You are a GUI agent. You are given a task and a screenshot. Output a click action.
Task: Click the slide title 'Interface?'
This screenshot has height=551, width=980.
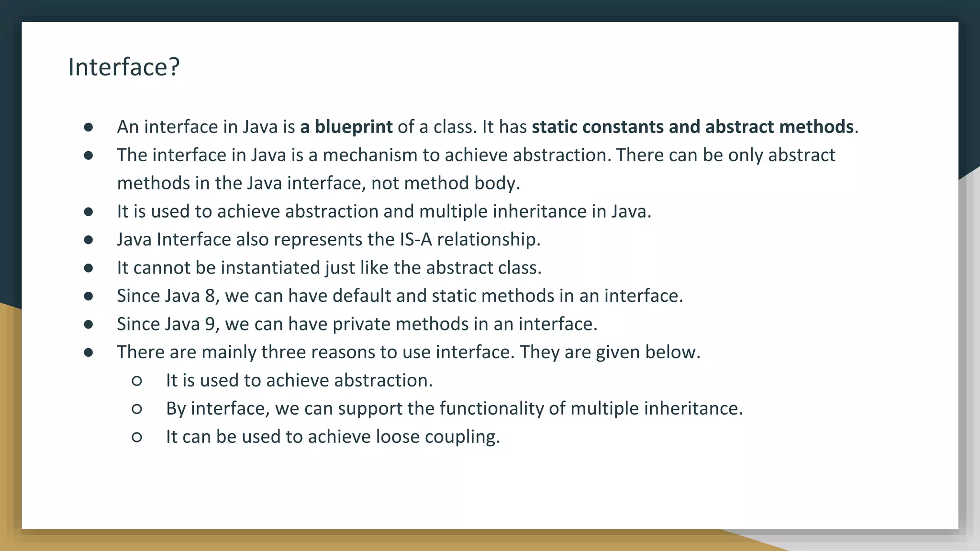click(124, 67)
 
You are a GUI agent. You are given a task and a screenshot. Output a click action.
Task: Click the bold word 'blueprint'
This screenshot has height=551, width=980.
click(353, 127)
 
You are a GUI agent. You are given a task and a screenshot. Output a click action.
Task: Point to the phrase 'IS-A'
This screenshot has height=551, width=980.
click(415, 239)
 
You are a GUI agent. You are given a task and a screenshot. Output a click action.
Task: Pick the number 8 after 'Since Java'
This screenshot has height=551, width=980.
click(210, 296)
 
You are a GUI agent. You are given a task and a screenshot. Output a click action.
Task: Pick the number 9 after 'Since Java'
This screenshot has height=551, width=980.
click(210, 324)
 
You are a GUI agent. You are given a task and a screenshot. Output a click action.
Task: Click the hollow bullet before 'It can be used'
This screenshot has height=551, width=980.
click(136, 437)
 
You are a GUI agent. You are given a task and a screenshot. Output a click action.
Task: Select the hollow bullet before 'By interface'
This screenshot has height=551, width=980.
click(136, 408)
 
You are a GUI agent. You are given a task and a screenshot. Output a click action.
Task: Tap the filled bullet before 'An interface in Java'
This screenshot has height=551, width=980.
click(88, 127)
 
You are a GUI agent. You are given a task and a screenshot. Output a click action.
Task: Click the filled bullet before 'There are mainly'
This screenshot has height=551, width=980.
click(88, 353)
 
